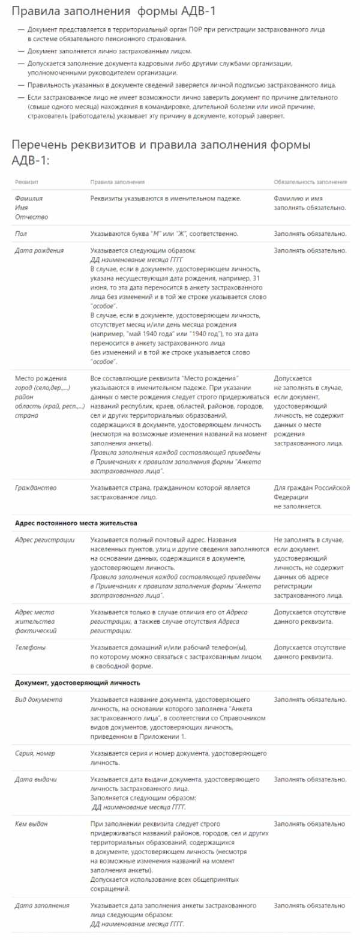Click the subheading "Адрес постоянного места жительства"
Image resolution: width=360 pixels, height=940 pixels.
[76, 522]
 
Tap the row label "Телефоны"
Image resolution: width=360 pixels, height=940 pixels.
[30, 647]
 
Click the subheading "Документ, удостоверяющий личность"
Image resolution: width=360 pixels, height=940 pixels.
[77, 682]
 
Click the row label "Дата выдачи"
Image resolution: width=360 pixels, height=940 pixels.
[36, 779]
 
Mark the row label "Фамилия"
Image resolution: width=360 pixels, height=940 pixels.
[28, 197]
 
